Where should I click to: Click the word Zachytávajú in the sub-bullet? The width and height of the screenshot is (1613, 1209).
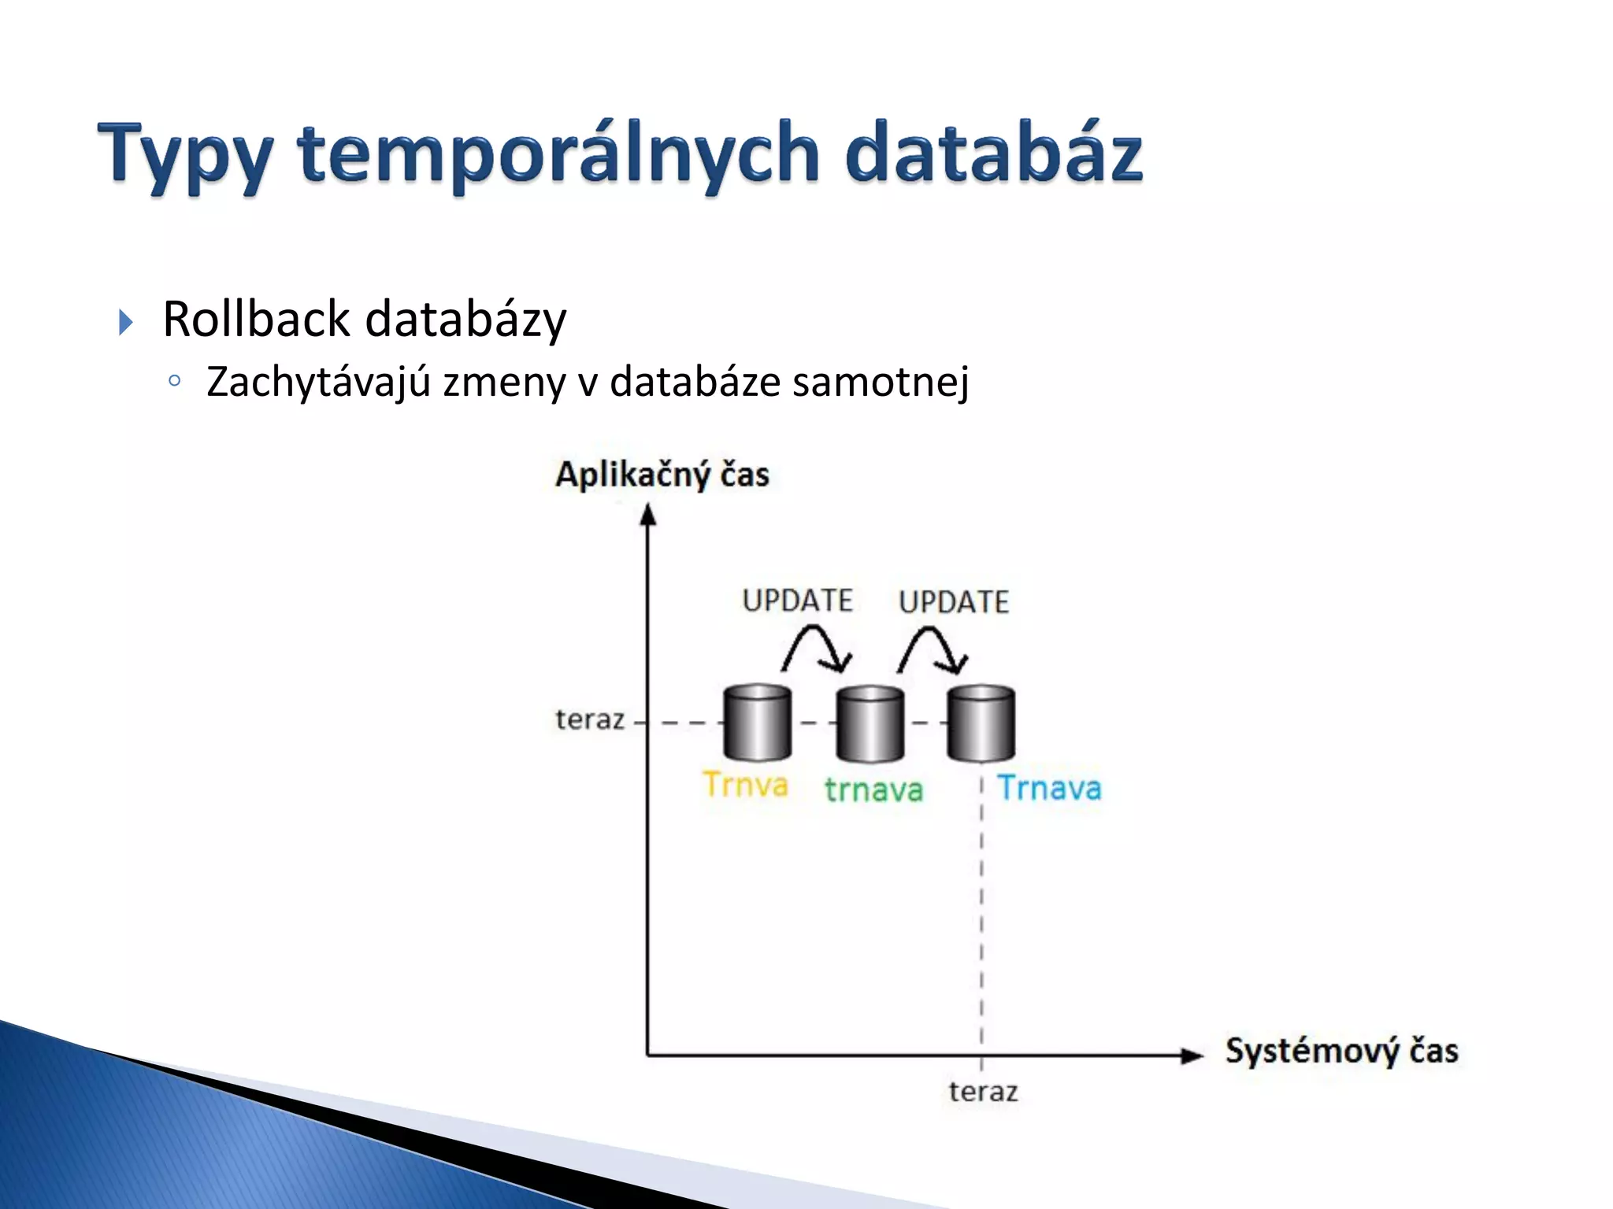(x=318, y=382)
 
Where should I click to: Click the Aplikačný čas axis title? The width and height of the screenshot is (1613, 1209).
(x=662, y=475)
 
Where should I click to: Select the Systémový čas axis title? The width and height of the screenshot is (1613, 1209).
(x=1341, y=1051)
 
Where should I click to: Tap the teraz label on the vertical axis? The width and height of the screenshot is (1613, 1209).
(x=590, y=719)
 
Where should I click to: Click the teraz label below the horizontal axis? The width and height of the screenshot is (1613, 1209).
(x=983, y=1092)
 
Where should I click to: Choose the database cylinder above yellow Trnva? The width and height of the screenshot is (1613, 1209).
(x=757, y=723)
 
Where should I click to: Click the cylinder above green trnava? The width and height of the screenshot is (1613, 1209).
(x=870, y=724)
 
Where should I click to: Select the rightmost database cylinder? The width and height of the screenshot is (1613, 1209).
(x=981, y=724)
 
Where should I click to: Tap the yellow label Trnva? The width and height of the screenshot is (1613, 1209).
(x=745, y=785)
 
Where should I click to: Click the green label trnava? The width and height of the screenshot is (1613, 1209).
(x=873, y=789)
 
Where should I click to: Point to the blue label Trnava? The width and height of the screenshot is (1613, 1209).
(x=1049, y=788)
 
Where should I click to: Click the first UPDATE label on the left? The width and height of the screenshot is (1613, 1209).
(x=797, y=601)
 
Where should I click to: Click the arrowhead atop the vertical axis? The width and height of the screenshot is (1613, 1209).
(x=647, y=515)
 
